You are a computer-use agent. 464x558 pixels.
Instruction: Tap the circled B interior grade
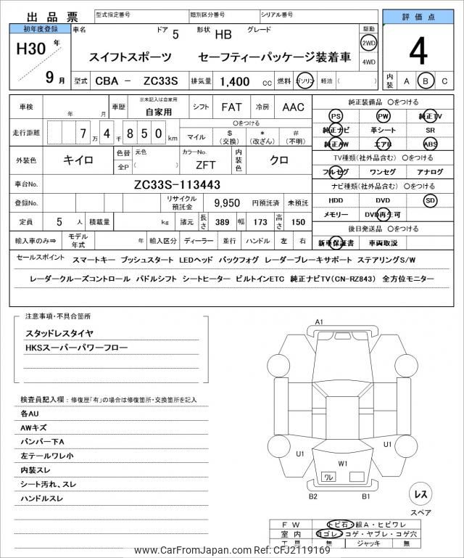(426, 81)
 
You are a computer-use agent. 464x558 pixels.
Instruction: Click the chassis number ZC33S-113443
(177, 184)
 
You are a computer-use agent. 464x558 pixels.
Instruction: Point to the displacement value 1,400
(230, 82)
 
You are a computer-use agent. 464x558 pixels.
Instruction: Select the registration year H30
(32, 51)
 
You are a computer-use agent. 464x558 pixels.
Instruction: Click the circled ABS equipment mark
(431, 144)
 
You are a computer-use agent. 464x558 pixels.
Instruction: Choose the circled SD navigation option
(431, 200)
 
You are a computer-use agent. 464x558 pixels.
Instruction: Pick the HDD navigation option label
(336, 200)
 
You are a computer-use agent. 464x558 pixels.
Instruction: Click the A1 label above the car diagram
(319, 321)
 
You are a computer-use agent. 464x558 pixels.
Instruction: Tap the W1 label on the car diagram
(343, 463)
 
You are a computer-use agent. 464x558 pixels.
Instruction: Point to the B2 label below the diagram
(313, 496)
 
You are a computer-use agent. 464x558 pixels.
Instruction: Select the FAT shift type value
(231, 107)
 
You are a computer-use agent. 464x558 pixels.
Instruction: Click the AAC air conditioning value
(293, 107)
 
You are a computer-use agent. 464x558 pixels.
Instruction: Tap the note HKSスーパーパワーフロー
(76, 348)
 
